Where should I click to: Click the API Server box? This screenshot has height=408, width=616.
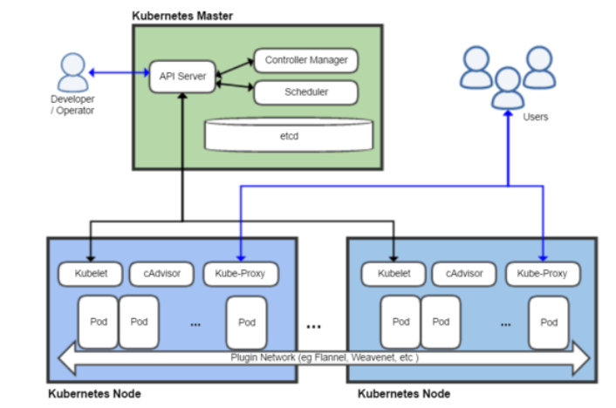pos(182,76)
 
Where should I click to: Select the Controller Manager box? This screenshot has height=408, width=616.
pos(305,60)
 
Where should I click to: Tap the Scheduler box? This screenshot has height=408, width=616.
pos(305,92)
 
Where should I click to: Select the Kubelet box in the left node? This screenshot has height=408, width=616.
pos(90,273)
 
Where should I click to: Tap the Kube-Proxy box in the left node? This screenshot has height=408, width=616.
pos(240,273)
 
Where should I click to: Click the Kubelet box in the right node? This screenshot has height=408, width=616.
pos(393,273)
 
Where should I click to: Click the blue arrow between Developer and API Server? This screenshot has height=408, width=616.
pos(118,73)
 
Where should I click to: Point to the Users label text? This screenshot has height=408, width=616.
pos(535,117)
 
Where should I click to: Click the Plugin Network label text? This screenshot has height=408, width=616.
pos(323,357)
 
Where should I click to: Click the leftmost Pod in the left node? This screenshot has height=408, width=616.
pos(98,321)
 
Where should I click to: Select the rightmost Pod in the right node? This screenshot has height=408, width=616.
pos(548,322)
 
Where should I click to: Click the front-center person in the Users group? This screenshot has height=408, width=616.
pos(508,87)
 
